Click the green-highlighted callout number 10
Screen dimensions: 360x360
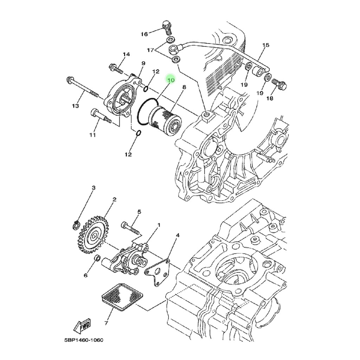coord(171,80)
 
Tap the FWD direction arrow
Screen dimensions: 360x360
coord(82,326)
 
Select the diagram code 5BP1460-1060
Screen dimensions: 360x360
coord(84,340)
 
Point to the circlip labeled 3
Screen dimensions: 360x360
coord(76,225)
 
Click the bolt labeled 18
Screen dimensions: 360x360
coord(279,84)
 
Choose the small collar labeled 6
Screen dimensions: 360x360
coord(97,258)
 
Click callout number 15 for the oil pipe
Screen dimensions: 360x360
coord(266,45)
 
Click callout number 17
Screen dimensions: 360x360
coord(150,50)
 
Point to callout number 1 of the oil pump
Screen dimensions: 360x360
coord(159,225)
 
